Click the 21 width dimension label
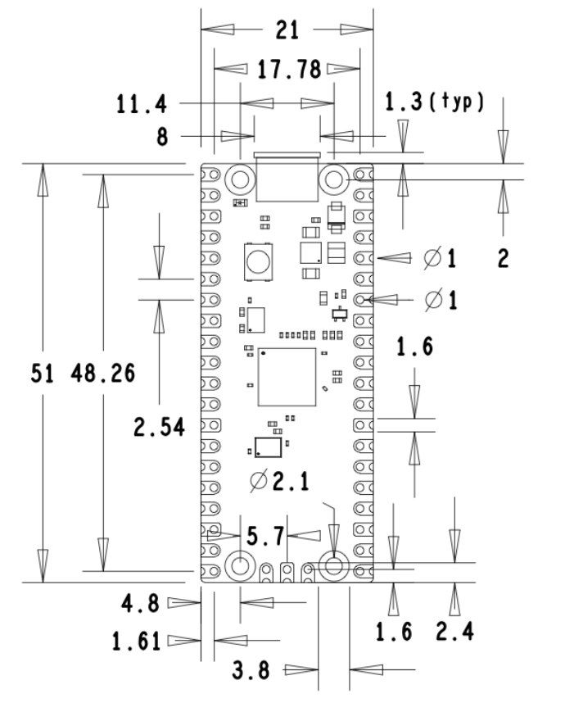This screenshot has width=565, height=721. (x=287, y=30)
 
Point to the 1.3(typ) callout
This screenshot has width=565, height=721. (x=435, y=102)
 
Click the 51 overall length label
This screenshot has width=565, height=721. (x=43, y=374)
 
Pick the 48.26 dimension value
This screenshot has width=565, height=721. (x=103, y=374)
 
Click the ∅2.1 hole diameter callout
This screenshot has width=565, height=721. (x=279, y=481)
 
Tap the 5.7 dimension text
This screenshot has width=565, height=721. (x=265, y=537)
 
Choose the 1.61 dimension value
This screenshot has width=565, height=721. (x=138, y=641)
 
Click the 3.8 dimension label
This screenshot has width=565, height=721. (x=251, y=671)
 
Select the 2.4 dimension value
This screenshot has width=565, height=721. (x=455, y=631)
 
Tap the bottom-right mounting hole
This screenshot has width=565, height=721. (x=333, y=565)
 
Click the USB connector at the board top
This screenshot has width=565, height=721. (x=287, y=176)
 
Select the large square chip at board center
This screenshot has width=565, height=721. (x=287, y=377)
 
